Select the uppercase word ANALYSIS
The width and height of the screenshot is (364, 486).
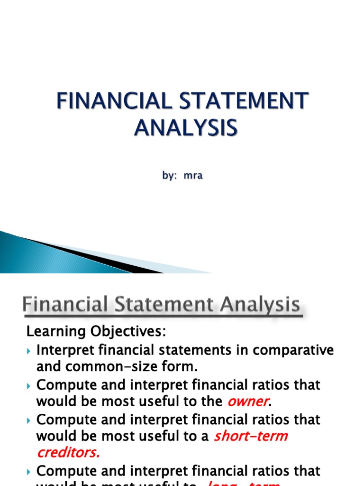pyautogui.click(x=185, y=128)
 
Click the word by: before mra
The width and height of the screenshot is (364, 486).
pyautogui.click(x=170, y=175)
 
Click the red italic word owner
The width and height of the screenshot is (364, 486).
pyautogui.click(x=247, y=401)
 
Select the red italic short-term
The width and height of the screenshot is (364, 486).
pyautogui.click(x=251, y=436)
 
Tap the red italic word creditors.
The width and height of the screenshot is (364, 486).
pyautogui.click(x=69, y=452)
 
